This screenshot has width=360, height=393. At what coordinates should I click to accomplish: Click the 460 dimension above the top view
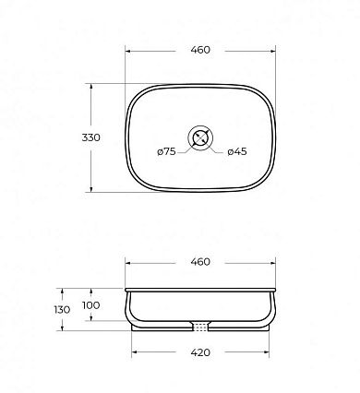coord(200,50)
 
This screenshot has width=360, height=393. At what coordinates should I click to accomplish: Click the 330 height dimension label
coord(91,137)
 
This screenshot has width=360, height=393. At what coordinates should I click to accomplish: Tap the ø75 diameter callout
coord(166,151)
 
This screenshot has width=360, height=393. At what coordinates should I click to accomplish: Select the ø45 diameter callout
coord(237,151)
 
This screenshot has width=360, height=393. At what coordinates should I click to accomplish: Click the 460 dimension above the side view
coord(200,262)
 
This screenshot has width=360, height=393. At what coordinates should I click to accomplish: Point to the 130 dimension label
coord(62,310)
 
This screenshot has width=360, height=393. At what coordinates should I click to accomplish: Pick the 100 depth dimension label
coord(91,305)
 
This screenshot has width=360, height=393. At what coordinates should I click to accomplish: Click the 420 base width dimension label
coord(200,352)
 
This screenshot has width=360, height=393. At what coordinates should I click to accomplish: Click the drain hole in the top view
coord(200,137)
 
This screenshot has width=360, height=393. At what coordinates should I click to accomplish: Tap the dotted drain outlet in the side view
coord(201,327)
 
